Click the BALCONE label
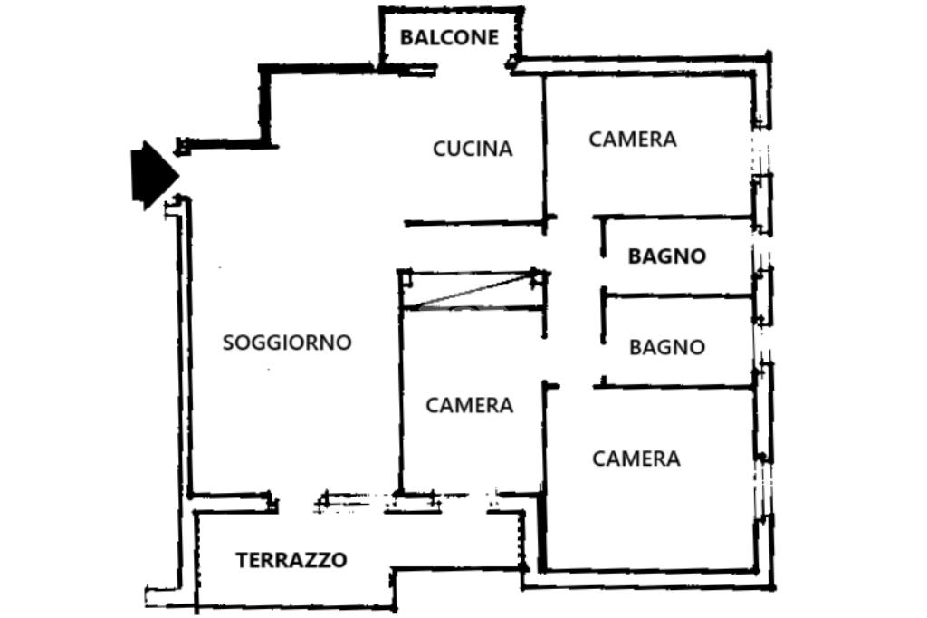click(x=449, y=37)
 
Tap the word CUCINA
click(x=473, y=149)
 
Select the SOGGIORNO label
click(x=287, y=343)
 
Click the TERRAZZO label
click(x=291, y=560)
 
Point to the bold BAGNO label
click(x=667, y=256)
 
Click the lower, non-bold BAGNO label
click(x=667, y=347)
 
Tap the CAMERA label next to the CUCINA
click(x=633, y=140)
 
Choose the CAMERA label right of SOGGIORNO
click(x=470, y=405)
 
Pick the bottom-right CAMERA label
click(x=636, y=459)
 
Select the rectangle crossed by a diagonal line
click(x=473, y=290)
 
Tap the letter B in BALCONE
click(x=406, y=37)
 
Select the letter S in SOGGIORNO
click(x=227, y=343)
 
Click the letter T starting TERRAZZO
click(x=242, y=560)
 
